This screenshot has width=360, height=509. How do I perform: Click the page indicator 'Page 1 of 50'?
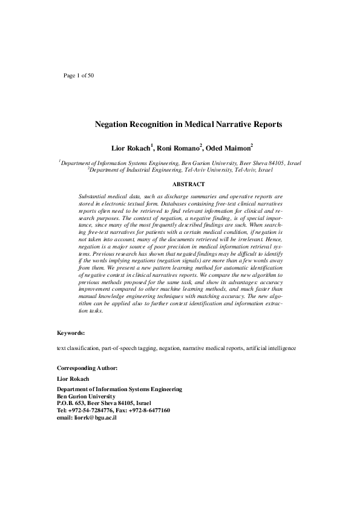pyautogui.click(x=79, y=76)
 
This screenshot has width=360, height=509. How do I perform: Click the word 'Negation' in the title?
pyautogui.click(x=114, y=125)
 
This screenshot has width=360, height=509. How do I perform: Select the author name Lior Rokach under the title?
pyautogui.click(x=131, y=148)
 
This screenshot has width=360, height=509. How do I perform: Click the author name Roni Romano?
pyautogui.click(x=180, y=148)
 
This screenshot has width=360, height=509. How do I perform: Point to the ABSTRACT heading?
pyautogui.click(x=188, y=184)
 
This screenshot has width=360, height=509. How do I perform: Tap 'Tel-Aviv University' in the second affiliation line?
pyautogui.click(x=203, y=170)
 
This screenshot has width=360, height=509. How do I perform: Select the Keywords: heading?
pyautogui.click(x=71, y=333)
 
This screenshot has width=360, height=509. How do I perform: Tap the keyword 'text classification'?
pyautogui.click(x=76, y=348)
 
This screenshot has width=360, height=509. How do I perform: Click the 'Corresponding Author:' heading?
pyautogui.click(x=87, y=368)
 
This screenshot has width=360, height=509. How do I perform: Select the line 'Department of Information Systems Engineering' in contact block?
pyautogui.click(x=119, y=389)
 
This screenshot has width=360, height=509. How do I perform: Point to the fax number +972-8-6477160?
pyautogui.click(x=151, y=410)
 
